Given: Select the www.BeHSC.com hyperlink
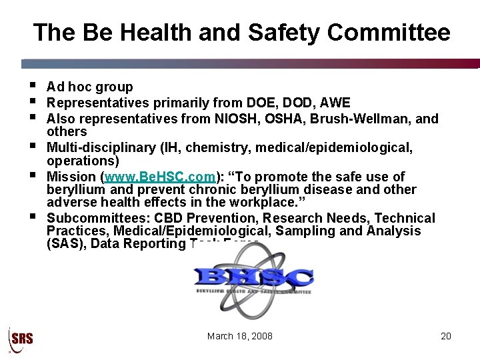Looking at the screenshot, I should coord(159,177).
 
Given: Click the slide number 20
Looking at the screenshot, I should coord(446,336).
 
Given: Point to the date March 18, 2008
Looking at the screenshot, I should coord(240,336).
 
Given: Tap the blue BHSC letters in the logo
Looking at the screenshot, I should coord(253,277).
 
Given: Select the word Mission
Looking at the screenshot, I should coord(71,177).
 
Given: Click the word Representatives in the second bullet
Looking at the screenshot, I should coord(98,103).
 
